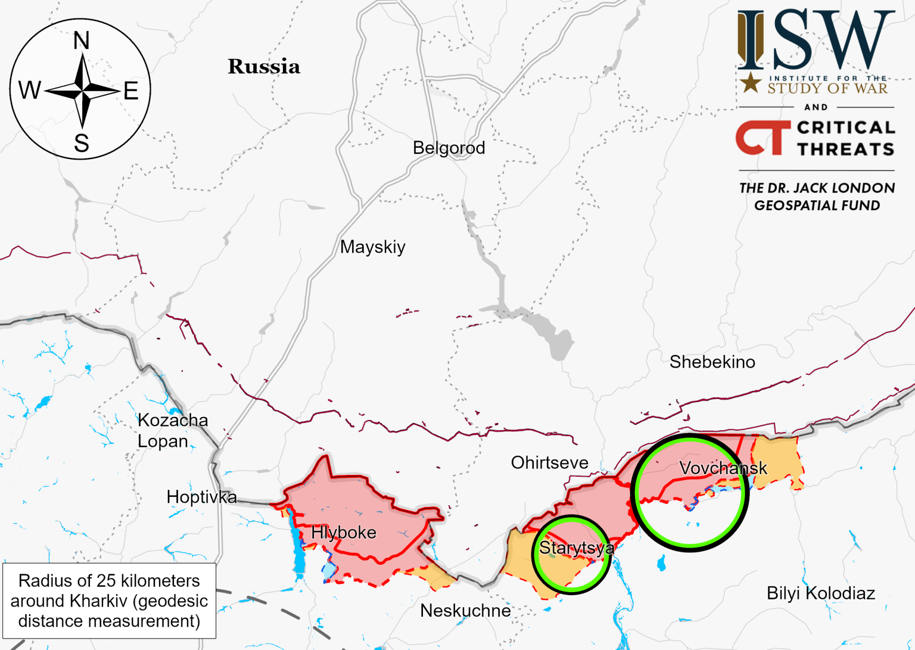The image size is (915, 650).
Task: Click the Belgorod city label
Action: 449,148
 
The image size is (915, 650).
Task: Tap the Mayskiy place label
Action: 372,247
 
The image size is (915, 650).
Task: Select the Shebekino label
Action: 712,362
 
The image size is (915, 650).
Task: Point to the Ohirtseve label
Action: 549,462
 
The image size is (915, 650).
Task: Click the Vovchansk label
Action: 723,468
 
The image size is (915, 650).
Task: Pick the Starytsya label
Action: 576,548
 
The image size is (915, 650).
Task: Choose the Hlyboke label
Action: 344,532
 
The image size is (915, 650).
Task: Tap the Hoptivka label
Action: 201,496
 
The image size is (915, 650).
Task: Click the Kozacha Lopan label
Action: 172,430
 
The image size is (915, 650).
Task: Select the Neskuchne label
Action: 465,610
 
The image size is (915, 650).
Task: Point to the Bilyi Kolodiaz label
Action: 820,593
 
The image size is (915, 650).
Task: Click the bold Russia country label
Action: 264,67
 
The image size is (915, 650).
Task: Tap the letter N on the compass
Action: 81,41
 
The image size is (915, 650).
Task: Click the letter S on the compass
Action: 82,143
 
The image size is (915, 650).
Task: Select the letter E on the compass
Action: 131,91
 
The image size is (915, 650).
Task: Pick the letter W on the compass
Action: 30,91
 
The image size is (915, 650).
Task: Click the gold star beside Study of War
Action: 751,83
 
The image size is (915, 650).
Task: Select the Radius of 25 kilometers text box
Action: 109,601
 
